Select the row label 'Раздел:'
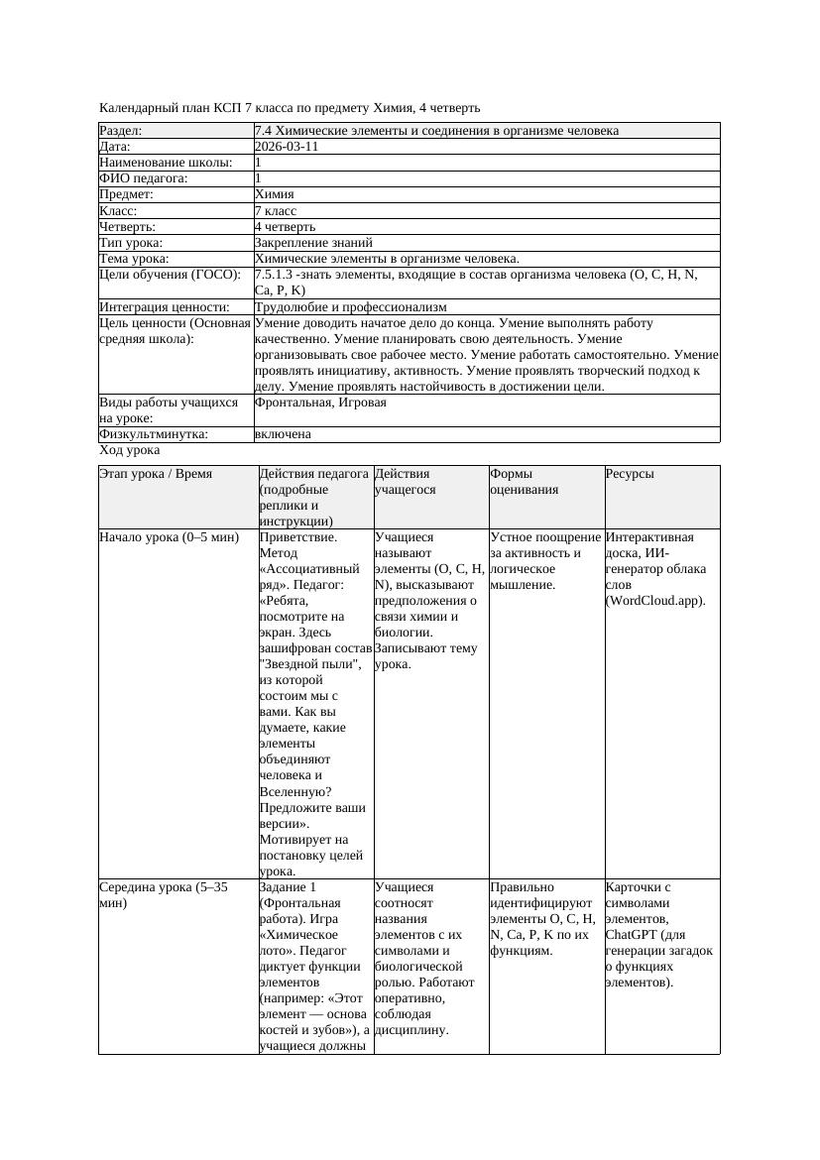121,131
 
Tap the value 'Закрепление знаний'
313,243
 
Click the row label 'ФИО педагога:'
144,178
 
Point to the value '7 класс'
276,211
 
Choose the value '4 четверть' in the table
285,227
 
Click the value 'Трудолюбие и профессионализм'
350,307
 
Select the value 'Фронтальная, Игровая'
320,403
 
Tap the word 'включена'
283,434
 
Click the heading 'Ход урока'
130,450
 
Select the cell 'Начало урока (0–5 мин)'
170,537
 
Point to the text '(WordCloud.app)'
655,601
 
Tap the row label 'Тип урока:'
131,243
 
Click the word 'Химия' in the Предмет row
275,194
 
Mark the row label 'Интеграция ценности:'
164,307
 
